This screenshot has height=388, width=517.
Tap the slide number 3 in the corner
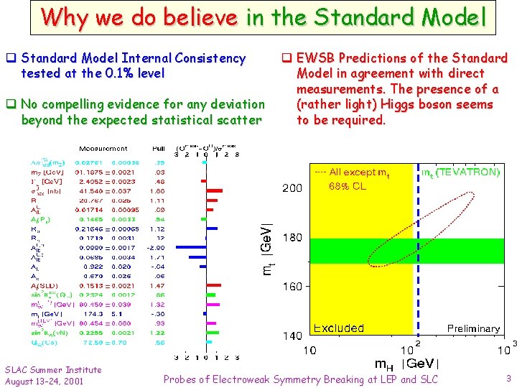click(507, 377)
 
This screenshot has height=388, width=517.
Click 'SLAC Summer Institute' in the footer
click(53, 369)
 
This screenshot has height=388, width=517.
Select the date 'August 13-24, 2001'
click(44, 380)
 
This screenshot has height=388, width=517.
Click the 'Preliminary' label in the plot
click(473, 328)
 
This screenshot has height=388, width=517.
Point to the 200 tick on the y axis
click(292, 188)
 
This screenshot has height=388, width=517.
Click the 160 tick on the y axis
click(292, 287)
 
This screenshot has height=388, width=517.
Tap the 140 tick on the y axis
click(292, 336)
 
